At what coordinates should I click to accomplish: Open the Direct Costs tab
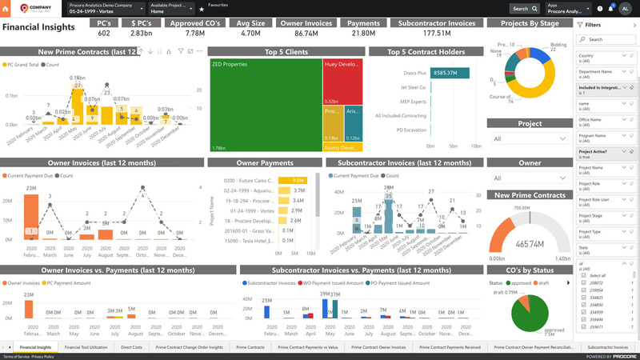[132, 348]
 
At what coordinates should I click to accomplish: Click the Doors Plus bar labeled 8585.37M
[448, 73]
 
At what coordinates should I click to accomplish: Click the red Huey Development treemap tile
[343, 80]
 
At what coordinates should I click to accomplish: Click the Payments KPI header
[365, 24]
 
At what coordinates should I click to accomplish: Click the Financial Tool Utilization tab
[86, 348]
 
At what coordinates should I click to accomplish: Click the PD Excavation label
[410, 130]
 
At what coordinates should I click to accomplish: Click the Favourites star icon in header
[201, 9]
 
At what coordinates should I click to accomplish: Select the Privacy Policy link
[42, 356]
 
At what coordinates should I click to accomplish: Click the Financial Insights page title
[38, 26]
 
